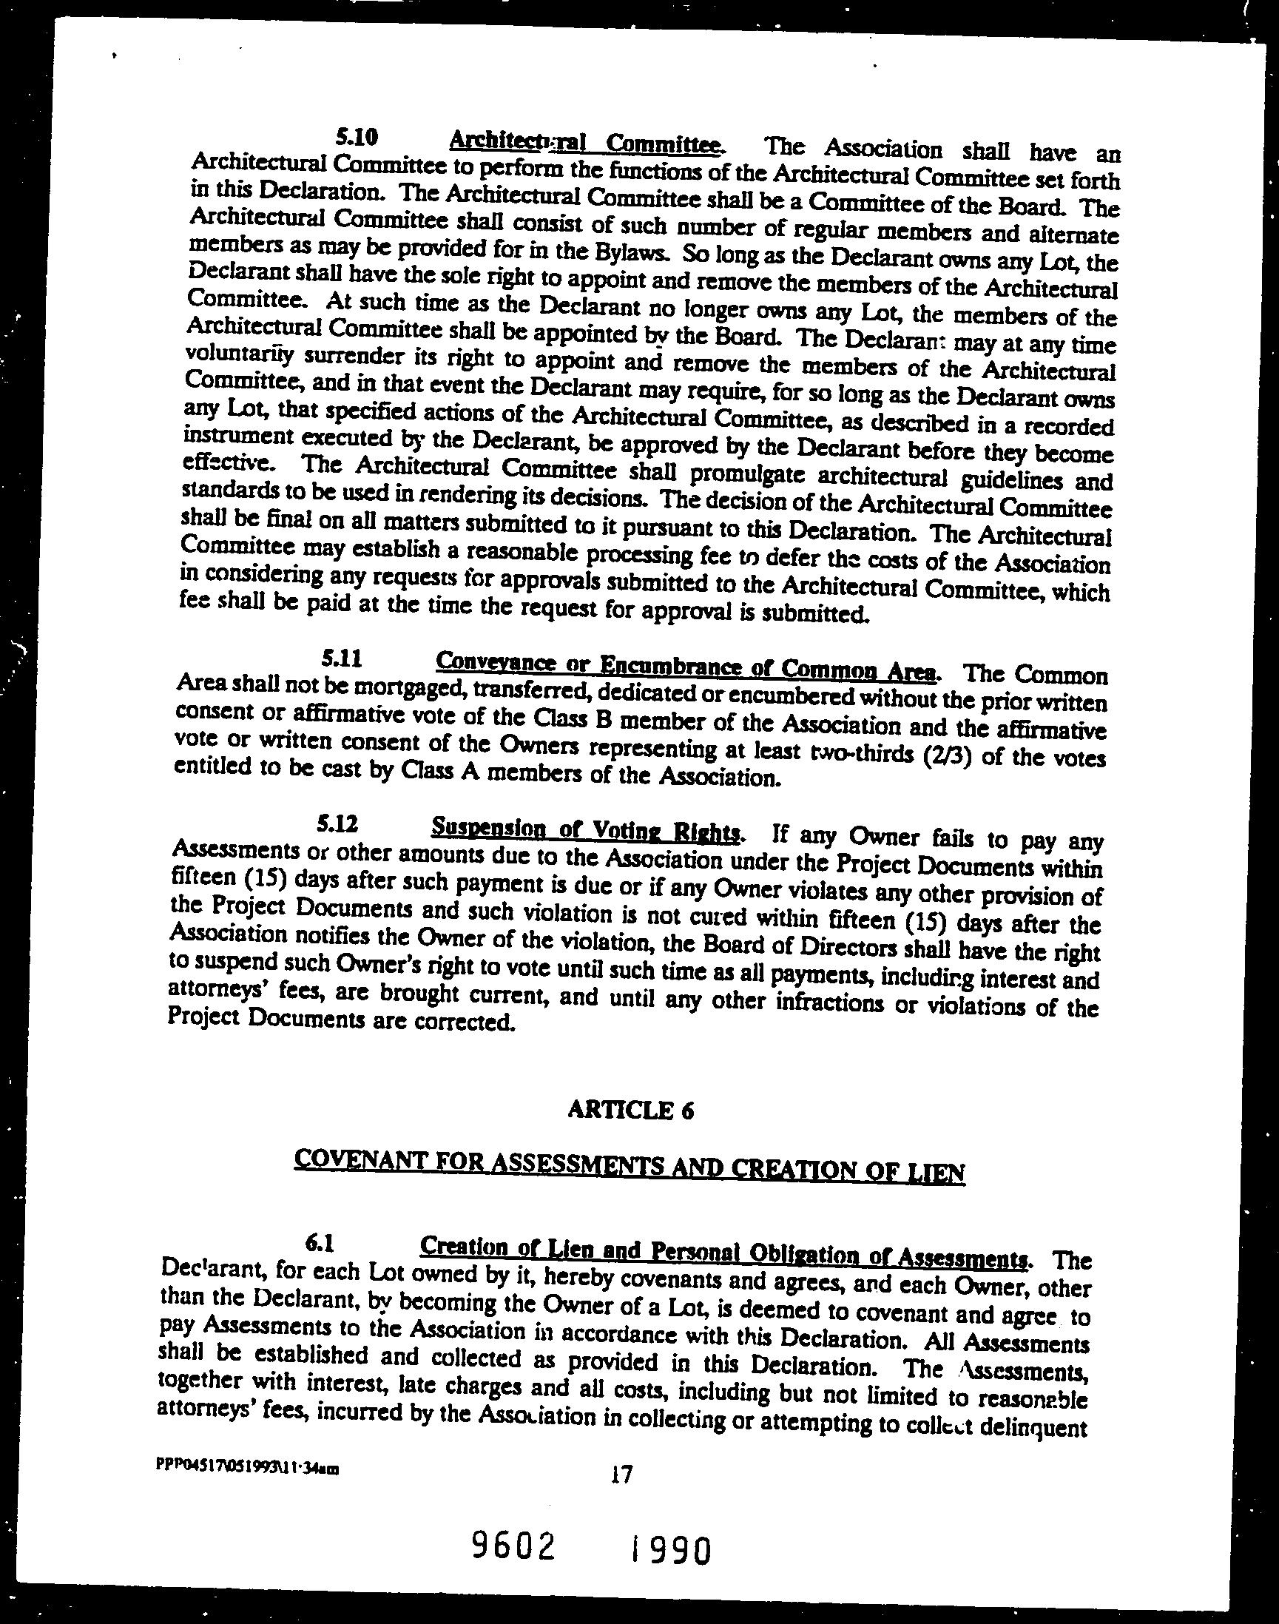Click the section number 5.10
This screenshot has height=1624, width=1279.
357,137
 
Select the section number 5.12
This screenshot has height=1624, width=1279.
337,824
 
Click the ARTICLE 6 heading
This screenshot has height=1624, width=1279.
630,1110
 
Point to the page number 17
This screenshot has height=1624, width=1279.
621,1475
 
